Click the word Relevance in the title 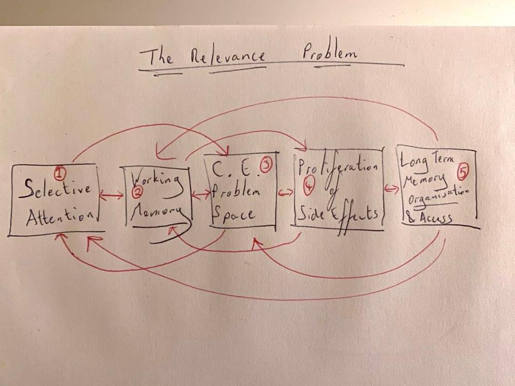tap(228, 56)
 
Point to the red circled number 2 tap(136, 192)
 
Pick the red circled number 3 tap(266, 166)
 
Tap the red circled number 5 tap(463, 172)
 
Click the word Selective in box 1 tap(55, 189)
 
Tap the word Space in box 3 tap(234, 215)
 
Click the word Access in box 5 tap(434, 218)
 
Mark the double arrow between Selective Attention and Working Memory tap(111, 196)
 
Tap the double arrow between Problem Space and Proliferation tap(285, 194)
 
